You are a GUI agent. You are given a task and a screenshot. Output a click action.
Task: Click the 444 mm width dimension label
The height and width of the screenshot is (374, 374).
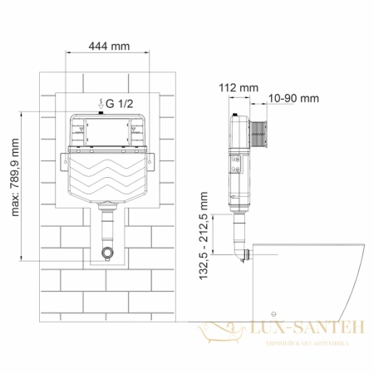coord(108,47)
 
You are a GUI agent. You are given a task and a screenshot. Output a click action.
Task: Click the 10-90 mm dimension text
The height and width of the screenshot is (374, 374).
coord(294,98)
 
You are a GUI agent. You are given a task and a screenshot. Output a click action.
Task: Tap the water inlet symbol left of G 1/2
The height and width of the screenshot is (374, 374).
coord(98,103)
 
